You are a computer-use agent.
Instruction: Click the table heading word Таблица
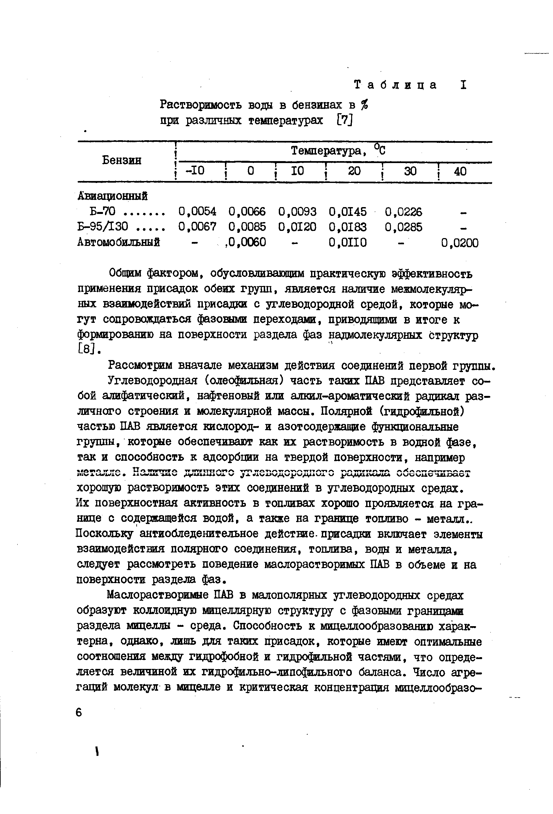click(x=396, y=85)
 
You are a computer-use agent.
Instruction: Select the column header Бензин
click(x=122, y=160)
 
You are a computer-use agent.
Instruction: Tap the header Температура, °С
click(x=338, y=151)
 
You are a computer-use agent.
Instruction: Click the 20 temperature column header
click(x=354, y=171)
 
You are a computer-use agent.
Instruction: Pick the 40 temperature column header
click(x=460, y=171)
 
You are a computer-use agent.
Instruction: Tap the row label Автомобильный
click(x=118, y=242)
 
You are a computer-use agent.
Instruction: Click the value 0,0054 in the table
click(x=197, y=212)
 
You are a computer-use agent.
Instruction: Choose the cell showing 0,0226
click(x=403, y=212)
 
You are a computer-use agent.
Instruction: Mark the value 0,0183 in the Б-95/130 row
click(x=348, y=227)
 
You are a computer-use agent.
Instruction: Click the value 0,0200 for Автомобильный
click(x=460, y=243)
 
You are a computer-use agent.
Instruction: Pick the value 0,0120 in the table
click(x=297, y=227)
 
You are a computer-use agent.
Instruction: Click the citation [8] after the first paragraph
click(x=85, y=349)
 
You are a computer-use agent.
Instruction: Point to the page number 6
click(x=79, y=713)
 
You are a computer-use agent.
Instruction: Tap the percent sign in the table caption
click(x=365, y=105)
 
